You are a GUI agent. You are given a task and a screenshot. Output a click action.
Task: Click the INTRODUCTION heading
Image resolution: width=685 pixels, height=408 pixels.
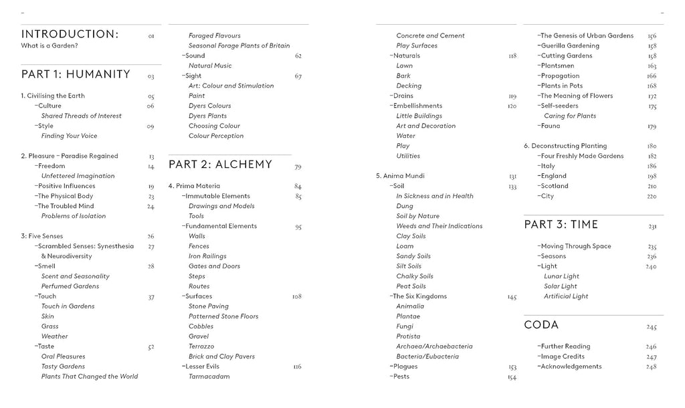[x=70, y=34]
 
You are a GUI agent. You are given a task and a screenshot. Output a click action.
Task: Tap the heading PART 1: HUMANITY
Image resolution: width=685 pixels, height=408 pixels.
[x=76, y=74]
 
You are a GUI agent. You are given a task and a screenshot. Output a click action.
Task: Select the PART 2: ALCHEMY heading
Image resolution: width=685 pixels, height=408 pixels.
[x=220, y=165]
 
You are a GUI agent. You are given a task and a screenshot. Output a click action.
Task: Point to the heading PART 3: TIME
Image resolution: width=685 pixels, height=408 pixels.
[x=561, y=225]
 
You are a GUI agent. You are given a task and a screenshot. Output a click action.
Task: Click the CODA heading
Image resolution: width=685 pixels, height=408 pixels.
[x=541, y=325]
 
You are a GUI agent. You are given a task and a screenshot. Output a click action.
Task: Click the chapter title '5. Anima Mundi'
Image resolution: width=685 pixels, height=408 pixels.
[x=400, y=176]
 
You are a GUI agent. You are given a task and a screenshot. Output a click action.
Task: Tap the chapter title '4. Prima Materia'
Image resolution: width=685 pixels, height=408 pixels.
[x=194, y=186]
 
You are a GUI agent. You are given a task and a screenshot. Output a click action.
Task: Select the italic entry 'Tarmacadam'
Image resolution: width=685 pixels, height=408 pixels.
[x=209, y=377]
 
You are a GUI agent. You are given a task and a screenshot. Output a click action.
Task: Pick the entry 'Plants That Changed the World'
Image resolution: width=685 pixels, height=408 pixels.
[x=90, y=377]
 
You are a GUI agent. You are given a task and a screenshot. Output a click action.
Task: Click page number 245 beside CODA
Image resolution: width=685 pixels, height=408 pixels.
[x=652, y=327]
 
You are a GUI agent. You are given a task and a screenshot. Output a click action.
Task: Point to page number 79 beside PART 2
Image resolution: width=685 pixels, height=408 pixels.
[x=298, y=167]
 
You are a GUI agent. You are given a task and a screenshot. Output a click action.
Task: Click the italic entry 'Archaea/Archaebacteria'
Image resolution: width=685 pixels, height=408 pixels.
[x=434, y=346]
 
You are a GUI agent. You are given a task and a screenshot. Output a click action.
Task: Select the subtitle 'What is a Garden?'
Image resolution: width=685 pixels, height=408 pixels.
[x=50, y=45]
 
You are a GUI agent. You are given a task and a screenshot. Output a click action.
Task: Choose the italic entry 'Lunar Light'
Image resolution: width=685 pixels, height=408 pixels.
[x=561, y=276]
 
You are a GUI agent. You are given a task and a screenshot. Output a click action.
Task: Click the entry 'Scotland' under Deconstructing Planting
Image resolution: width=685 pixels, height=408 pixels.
[x=554, y=186]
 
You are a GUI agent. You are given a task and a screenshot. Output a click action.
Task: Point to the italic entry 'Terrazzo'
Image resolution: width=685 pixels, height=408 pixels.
[x=201, y=346]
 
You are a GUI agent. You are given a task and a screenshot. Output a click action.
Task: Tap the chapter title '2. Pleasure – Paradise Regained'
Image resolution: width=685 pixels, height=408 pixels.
[x=69, y=156]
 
